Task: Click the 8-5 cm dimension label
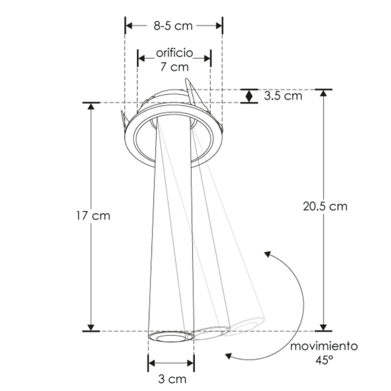point(173,25)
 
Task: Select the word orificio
point(174,53)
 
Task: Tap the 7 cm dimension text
point(174,67)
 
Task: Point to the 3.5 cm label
point(282,96)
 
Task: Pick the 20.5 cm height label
point(325,206)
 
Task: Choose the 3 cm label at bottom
point(171,378)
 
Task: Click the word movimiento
point(323,346)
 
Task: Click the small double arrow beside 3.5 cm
point(249,96)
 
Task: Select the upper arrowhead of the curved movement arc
point(267,254)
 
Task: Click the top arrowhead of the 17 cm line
point(91,107)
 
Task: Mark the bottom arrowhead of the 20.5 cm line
point(324,326)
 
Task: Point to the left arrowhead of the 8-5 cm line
point(129,25)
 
